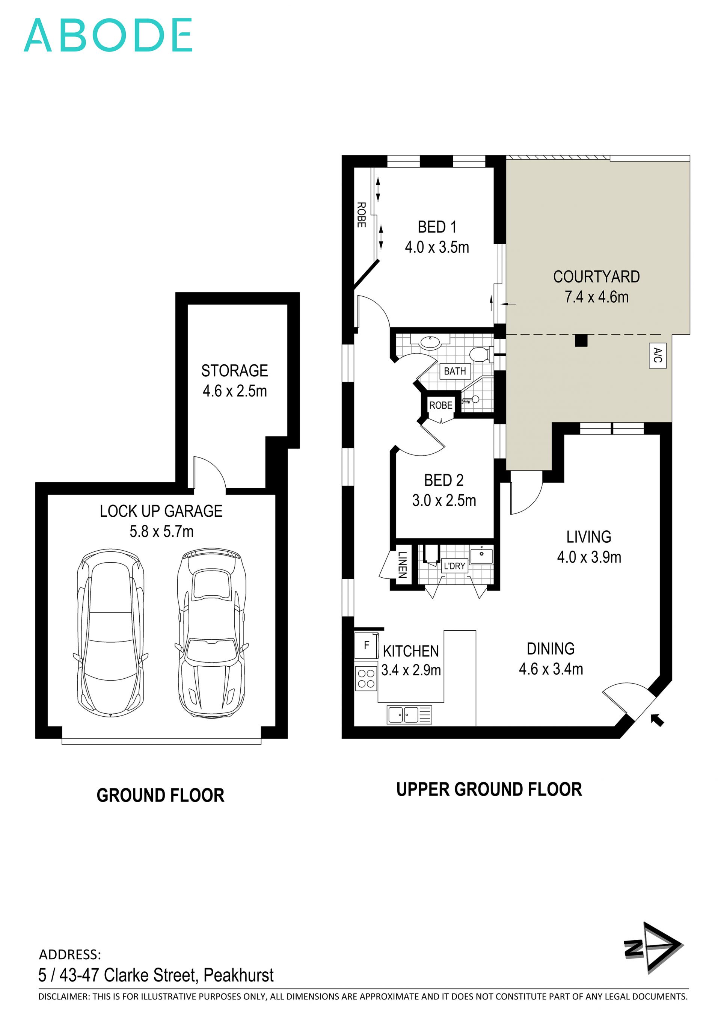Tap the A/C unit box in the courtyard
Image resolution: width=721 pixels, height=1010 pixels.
658,355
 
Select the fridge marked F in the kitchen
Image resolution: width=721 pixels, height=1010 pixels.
366,645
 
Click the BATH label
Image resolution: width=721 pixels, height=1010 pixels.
455,371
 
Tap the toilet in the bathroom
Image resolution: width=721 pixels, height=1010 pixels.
480,354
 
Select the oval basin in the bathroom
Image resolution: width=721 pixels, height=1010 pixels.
429,342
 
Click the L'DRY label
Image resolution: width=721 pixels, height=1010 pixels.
455,566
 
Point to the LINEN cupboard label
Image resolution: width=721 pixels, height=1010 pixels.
402,565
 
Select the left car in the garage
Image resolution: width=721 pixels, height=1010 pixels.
110,633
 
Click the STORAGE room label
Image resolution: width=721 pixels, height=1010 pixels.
234,371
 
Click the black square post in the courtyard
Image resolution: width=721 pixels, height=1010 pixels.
581,341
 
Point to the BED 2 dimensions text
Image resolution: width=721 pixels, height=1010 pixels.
444,500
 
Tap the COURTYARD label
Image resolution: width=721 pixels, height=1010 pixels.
596,276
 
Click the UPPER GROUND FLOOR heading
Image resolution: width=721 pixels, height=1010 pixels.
489,790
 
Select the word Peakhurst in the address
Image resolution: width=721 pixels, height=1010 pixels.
238,975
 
